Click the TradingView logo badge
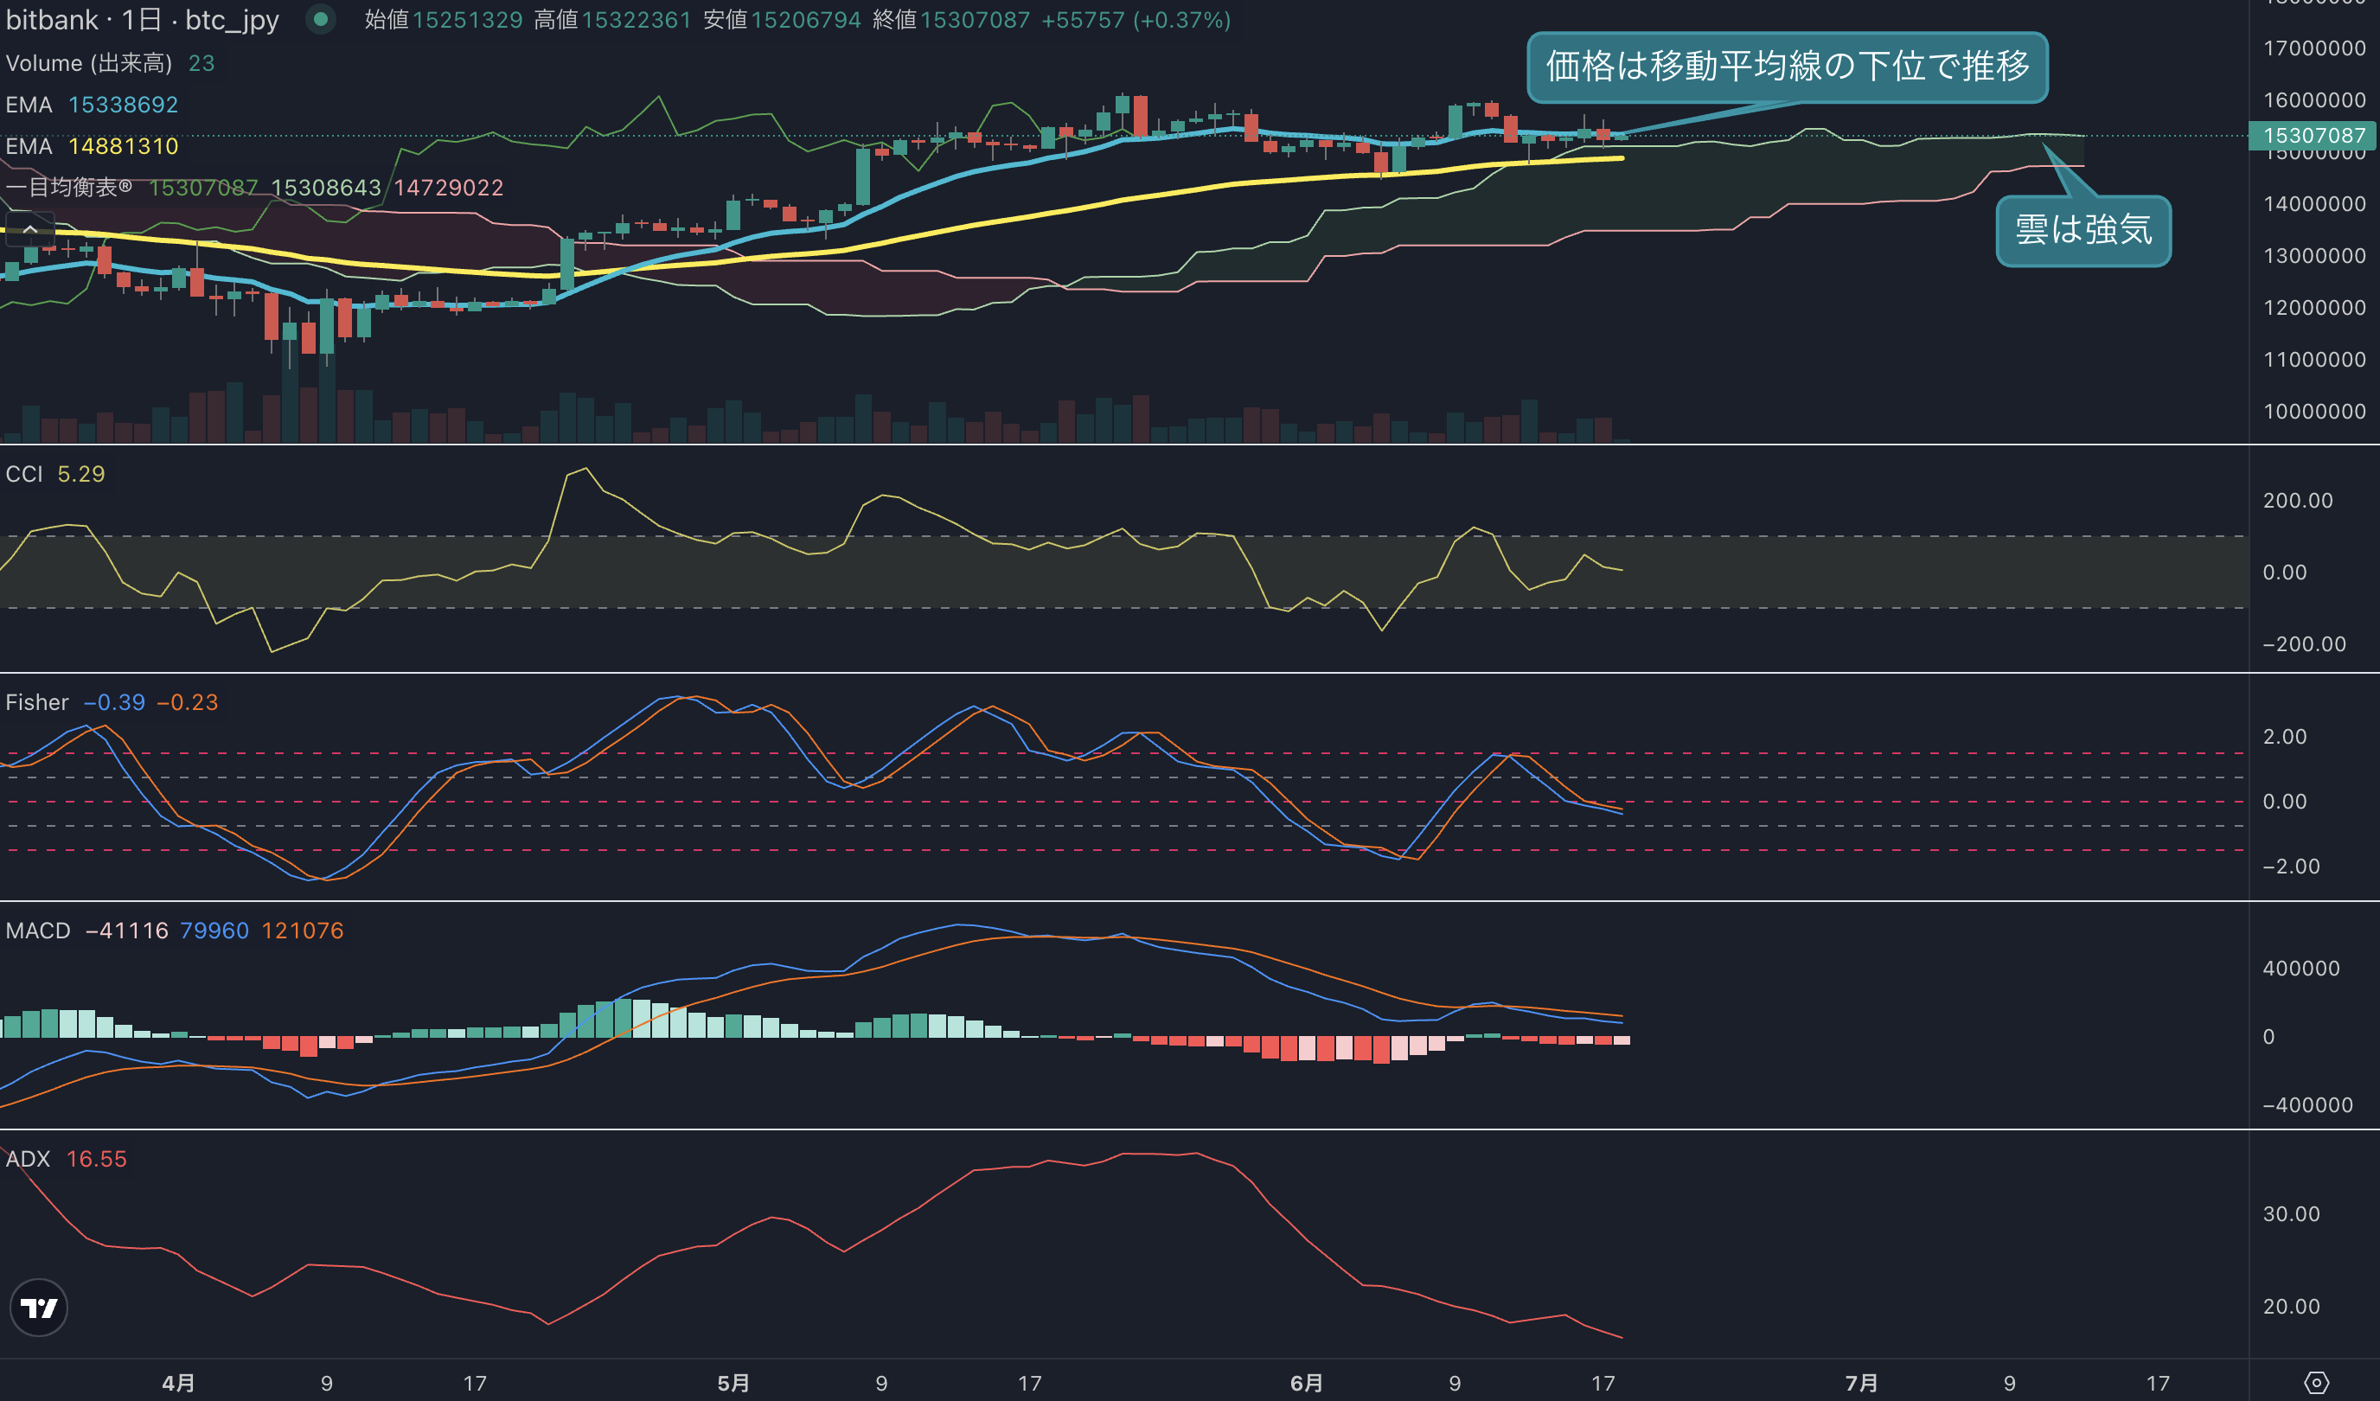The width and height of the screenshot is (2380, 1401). coord(39,1308)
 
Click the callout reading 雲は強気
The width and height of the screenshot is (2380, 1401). coord(2082,231)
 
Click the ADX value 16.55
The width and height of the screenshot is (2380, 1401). coord(96,1159)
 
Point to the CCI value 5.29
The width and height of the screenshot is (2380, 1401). coord(81,474)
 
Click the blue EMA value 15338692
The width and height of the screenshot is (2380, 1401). coord(123,105)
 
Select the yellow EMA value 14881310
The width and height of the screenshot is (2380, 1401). coord(123,146)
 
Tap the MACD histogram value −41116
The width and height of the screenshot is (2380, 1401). coord(126,931)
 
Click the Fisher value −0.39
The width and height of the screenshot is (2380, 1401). coord(114,703)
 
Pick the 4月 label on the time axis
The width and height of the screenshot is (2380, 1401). coord(178,1383)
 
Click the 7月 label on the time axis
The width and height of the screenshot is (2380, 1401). coord(1861,1383)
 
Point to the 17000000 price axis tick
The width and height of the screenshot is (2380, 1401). coord(2314,48)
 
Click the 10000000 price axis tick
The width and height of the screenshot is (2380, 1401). coord(2314,412)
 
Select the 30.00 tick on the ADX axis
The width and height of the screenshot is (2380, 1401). coord(2291,1214)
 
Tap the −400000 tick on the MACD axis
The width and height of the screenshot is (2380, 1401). coord(2306,1105)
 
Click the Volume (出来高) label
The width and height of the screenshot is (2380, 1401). coord(89,63)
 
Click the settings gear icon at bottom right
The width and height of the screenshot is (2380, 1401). coord(2316,1383)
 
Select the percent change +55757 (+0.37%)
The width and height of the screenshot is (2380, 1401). coord(1136,20)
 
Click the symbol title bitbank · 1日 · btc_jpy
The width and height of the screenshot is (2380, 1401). coord(143,20)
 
